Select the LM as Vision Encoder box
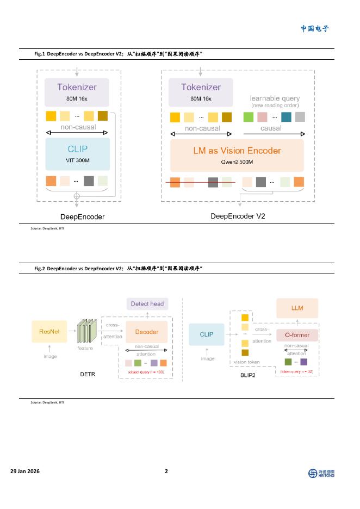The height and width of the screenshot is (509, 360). click(x=237, y=155)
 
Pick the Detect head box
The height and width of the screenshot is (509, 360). click(x=148, y=303)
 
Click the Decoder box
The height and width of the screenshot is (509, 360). click(x=147, y=332)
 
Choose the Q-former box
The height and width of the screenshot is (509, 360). click(x=297, y=335)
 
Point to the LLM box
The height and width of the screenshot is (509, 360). click(x=297, y=308)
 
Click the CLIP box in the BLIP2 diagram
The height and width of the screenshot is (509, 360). click(x=207, y=334)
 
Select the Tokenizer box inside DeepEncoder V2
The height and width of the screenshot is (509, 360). click(x=201, y=92)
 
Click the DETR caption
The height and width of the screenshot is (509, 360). click(x=88, y=374)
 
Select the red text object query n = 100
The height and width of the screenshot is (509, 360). click(x=146, y=372)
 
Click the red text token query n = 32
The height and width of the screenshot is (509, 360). click(x=297, y=372)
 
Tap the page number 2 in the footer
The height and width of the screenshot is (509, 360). click(x=166, y=471)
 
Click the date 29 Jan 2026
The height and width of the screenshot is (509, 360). click(x=25, y=471)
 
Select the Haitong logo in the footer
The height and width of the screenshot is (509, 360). click(x=321, y=473)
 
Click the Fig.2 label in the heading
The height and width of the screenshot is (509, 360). click(x=40, y=269)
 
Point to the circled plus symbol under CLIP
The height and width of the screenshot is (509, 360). click(x=77, y=195)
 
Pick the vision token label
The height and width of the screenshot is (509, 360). click(x=247, y=362)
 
